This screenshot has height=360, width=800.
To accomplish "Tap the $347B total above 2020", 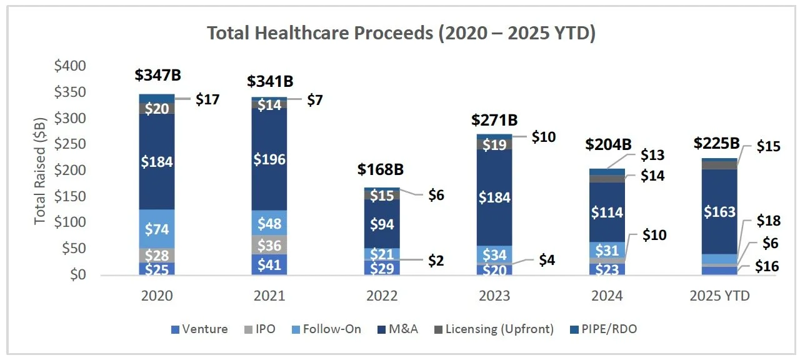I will (157, 76).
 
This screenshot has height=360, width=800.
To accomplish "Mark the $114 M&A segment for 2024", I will (606, 212).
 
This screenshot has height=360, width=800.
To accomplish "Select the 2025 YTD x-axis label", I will (720, 296).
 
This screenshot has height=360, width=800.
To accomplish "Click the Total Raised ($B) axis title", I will (40, 171).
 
